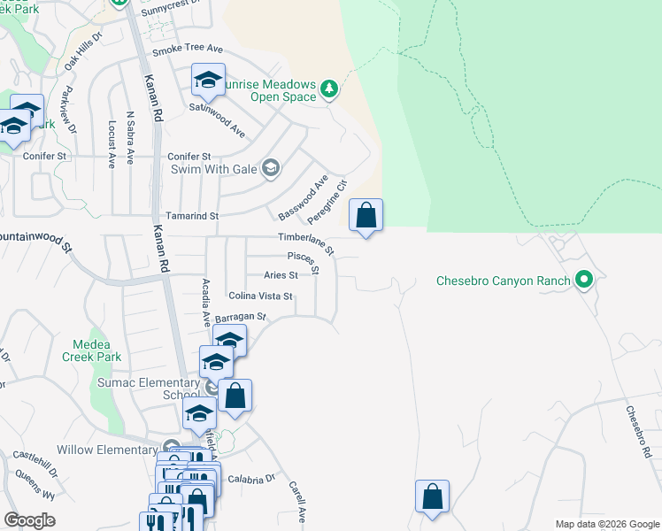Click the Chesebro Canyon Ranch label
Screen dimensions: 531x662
[x=503, y=281]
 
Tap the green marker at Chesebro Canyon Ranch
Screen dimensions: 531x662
[x=583, y=281]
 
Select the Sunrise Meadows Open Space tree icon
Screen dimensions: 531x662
[x=329, y=88]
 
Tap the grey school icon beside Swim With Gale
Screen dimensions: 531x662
[x=272, y=168]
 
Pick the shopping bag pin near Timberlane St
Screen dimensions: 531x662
[x=366, y=215]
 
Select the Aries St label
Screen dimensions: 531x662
[x=280, y=274]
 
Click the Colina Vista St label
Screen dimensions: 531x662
[x=260, y=296]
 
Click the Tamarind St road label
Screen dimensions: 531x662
[x=191, y=215]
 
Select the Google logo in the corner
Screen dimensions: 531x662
[x=29, y=520]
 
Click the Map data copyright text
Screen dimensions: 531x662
[x=606, y=524]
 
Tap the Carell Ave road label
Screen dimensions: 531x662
[x=296, y=502]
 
